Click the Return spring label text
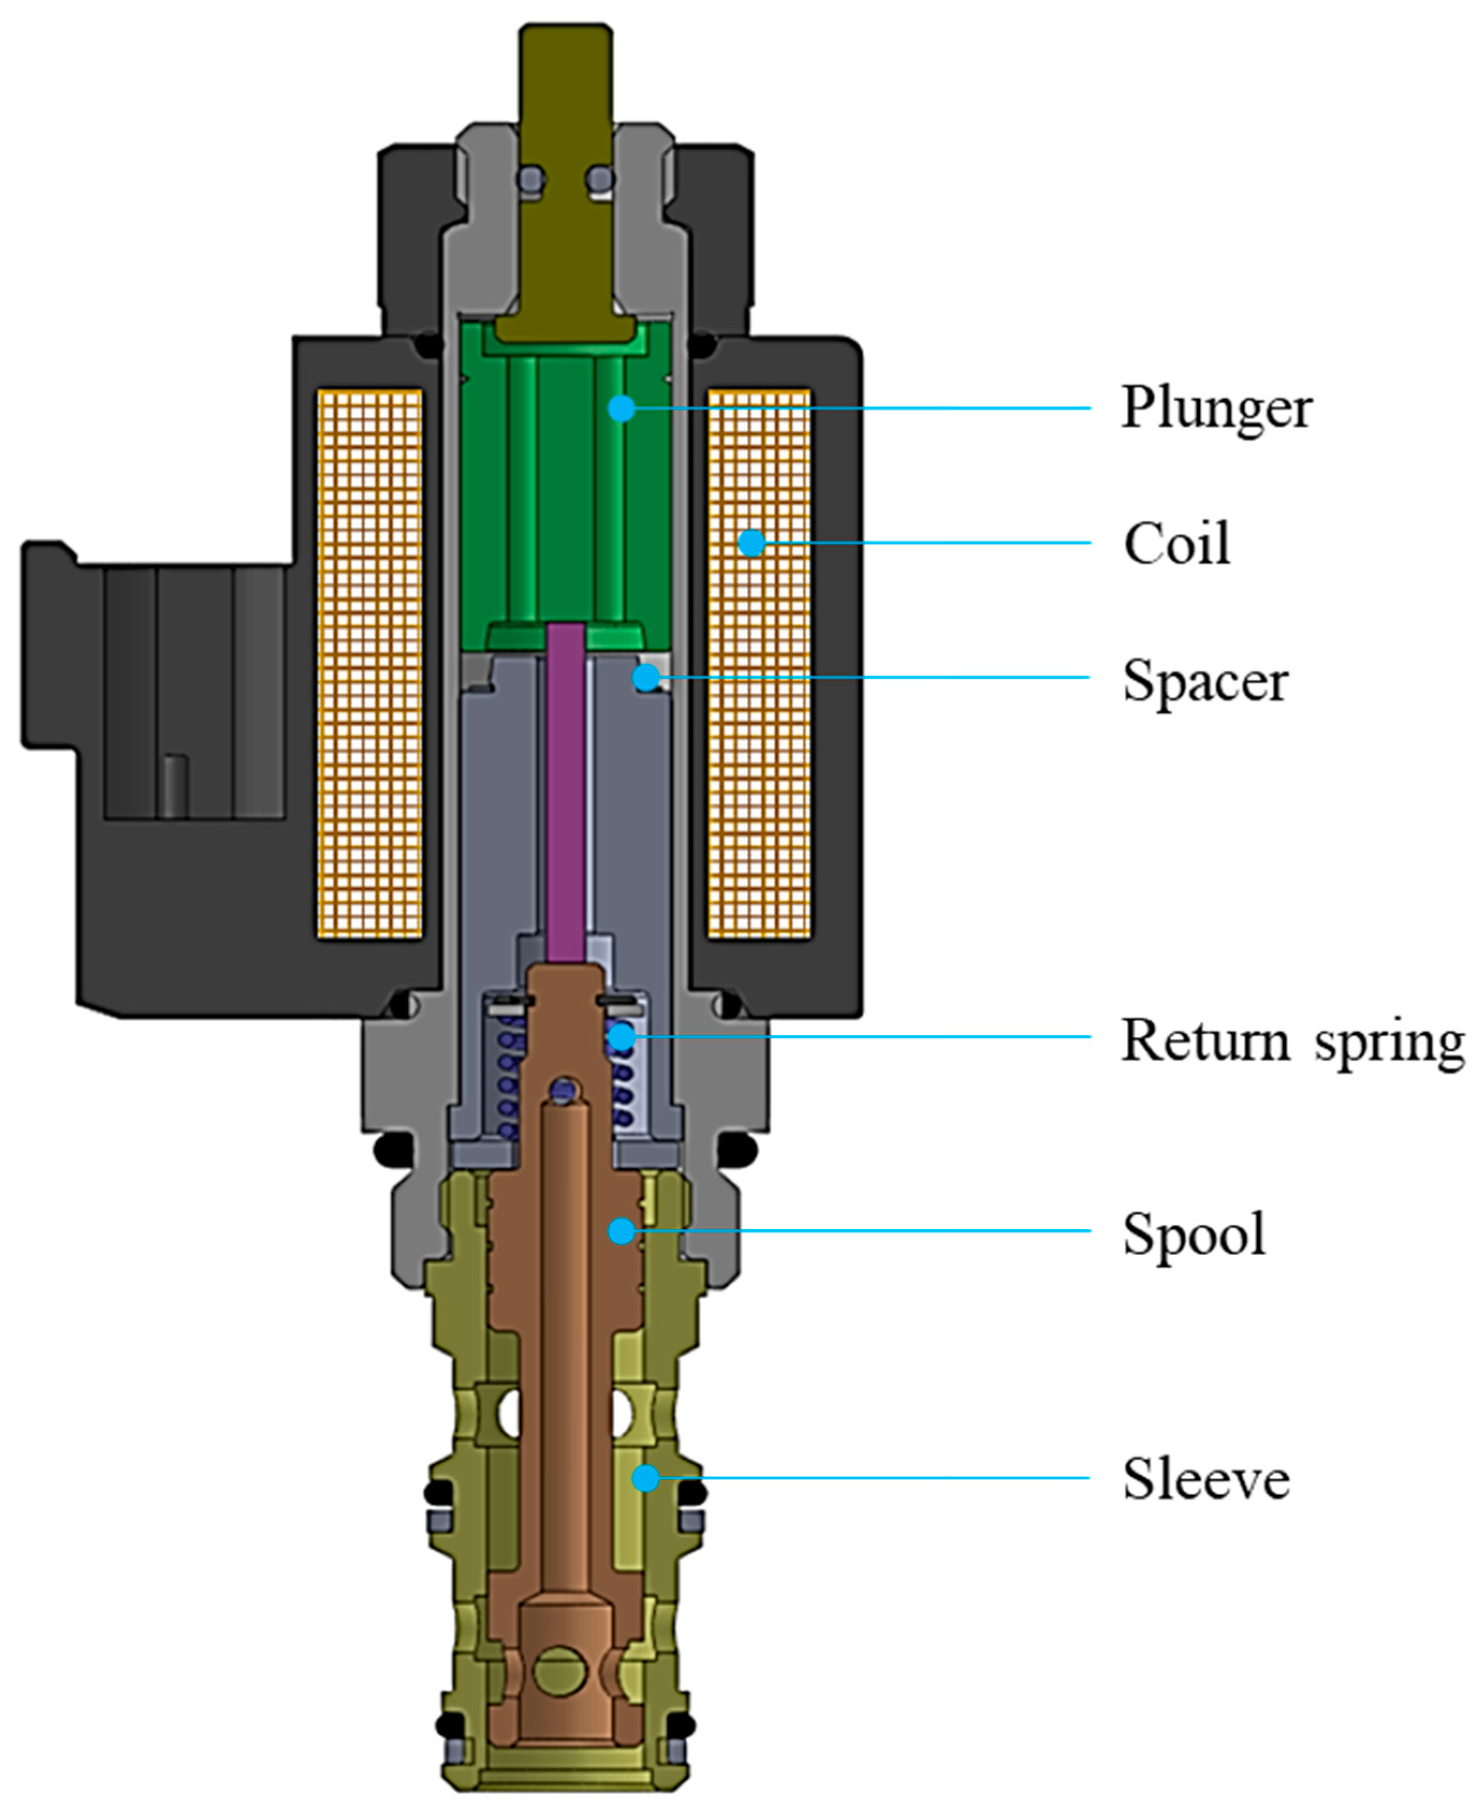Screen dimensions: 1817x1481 click(x=1292, y=1042)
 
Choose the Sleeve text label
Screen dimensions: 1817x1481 click(x=1205, y=1479)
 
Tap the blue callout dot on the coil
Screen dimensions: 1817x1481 click(x=751, y=543)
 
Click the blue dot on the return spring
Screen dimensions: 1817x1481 click(x=621, y=1037)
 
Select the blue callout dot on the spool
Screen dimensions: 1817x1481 click(x=621, y=1230)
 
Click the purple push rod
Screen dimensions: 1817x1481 click(x=565, y=793)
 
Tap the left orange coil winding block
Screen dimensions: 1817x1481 click(x=370, y=663)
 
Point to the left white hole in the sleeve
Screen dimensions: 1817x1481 click(x=511, y=1414)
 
